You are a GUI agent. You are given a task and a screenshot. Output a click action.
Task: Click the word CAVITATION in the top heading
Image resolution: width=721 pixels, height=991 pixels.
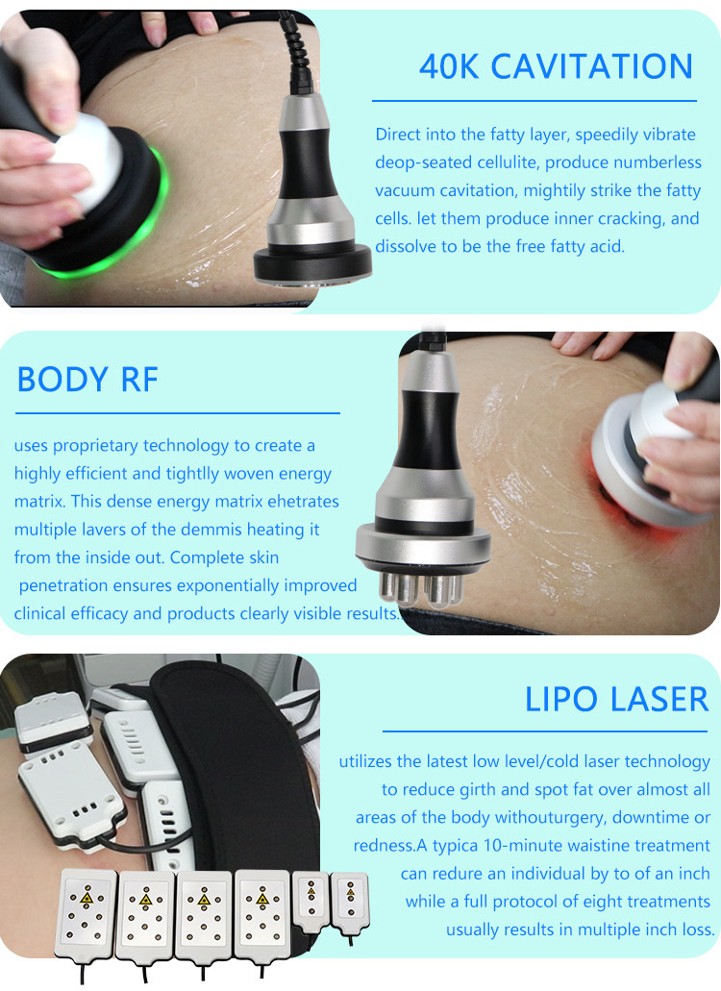592,66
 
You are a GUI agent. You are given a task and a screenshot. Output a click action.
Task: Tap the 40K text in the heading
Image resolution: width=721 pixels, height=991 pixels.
449,66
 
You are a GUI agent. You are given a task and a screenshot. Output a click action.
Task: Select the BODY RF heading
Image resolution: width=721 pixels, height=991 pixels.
87,380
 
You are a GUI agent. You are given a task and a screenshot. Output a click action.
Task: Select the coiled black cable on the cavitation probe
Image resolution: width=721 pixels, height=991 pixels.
297,54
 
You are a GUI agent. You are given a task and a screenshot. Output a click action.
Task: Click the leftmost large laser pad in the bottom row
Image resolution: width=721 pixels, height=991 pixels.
86,914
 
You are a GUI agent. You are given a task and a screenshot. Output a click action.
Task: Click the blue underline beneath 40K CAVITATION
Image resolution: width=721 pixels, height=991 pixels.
534,101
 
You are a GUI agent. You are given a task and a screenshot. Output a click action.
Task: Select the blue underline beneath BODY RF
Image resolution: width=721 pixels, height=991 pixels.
178,413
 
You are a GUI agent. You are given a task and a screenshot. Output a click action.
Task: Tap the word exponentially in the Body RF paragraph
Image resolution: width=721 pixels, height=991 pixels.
228,586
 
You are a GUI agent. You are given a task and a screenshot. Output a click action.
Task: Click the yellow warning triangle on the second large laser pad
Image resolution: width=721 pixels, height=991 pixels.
146,900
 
